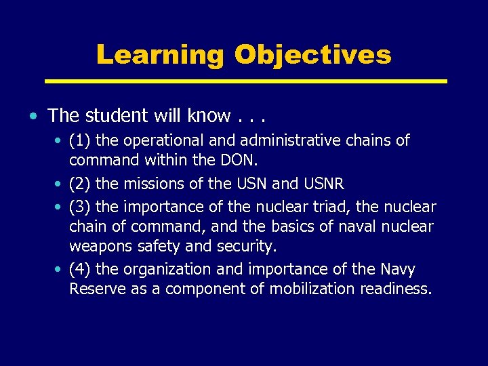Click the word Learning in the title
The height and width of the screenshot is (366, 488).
159,55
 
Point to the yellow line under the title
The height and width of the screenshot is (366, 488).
245,81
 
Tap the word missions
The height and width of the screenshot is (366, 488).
155,183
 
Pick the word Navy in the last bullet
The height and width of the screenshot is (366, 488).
397,270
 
